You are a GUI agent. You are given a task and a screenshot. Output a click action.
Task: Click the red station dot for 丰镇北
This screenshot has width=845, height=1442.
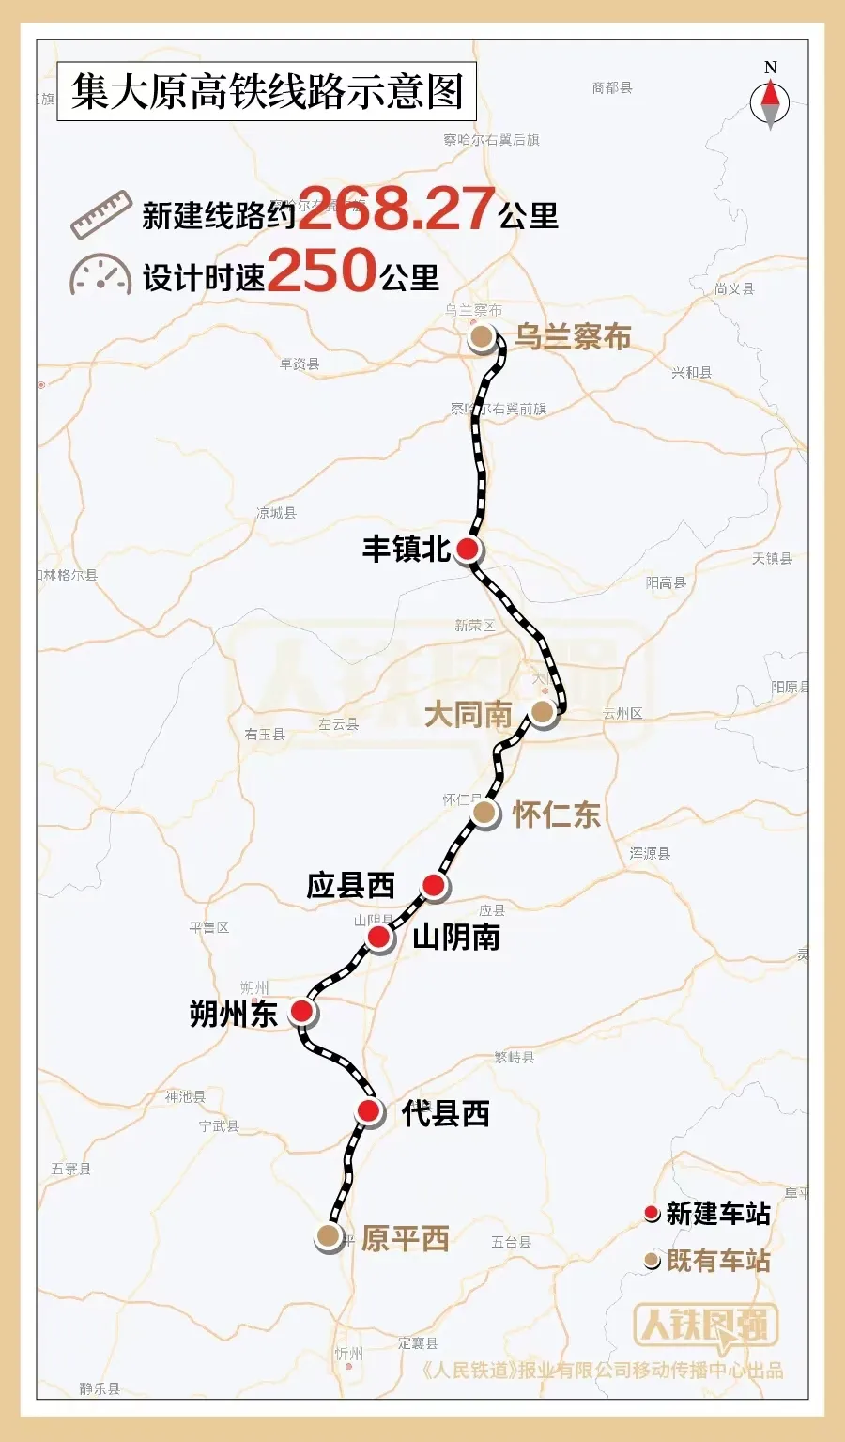pos(467,550)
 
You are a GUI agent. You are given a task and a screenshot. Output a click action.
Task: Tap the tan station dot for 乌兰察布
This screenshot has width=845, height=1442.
pos(482,337)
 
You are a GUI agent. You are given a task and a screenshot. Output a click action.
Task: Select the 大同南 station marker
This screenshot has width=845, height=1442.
pos(542,712)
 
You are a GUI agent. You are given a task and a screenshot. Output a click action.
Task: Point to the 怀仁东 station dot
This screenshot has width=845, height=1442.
pos(484,813)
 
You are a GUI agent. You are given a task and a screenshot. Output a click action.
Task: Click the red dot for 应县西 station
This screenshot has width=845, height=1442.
pos(433,885)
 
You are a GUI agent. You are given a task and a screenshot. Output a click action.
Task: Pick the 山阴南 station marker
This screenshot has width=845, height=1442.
pos(378,937)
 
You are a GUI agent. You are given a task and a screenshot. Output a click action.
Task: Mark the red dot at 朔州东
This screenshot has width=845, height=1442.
pos(301,1011)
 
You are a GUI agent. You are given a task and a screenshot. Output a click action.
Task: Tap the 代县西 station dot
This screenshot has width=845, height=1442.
pos(369,1112)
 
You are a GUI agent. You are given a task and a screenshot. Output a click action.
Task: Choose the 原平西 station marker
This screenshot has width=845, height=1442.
pos(328,1236)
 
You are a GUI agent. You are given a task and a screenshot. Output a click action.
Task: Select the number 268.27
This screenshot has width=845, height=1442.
pos(396,209)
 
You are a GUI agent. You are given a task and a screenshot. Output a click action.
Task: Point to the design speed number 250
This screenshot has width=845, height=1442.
pos(322,271)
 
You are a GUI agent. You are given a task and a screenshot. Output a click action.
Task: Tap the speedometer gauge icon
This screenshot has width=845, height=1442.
pos(100,275)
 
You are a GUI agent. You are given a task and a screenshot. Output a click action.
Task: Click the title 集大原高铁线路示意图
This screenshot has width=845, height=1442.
pos(267,92)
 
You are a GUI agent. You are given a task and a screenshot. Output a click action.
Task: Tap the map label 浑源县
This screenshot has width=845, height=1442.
pos(650,854)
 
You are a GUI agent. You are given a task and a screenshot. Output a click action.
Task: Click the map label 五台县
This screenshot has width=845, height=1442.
pos(511,1242)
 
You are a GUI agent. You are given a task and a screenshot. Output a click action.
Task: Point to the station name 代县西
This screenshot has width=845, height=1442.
pos(446,1114)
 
